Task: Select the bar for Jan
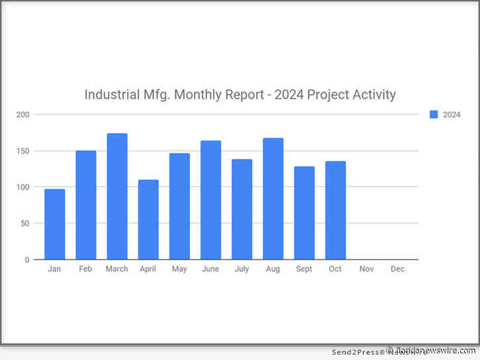(x=55, y=224)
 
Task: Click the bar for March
(x=117, y=197)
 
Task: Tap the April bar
(x=148, y=219)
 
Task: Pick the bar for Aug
(x=273, y=199)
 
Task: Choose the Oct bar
(x=336, y=210)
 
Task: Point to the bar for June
(x=211, y=200)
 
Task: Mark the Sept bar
(x=305, y=213)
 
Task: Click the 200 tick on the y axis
(x=24, y=114)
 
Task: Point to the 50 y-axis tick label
(x=26, y=224)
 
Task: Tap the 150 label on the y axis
(x=24, y=151)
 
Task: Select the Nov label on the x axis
(x=367, y=269)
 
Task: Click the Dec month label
(x=398, y=269)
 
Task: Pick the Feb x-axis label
(x=86, y=269)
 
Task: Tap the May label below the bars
(x=179, y=269)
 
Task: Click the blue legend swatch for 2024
(x=434, y=114)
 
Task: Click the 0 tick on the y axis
(x=28, y=260)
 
